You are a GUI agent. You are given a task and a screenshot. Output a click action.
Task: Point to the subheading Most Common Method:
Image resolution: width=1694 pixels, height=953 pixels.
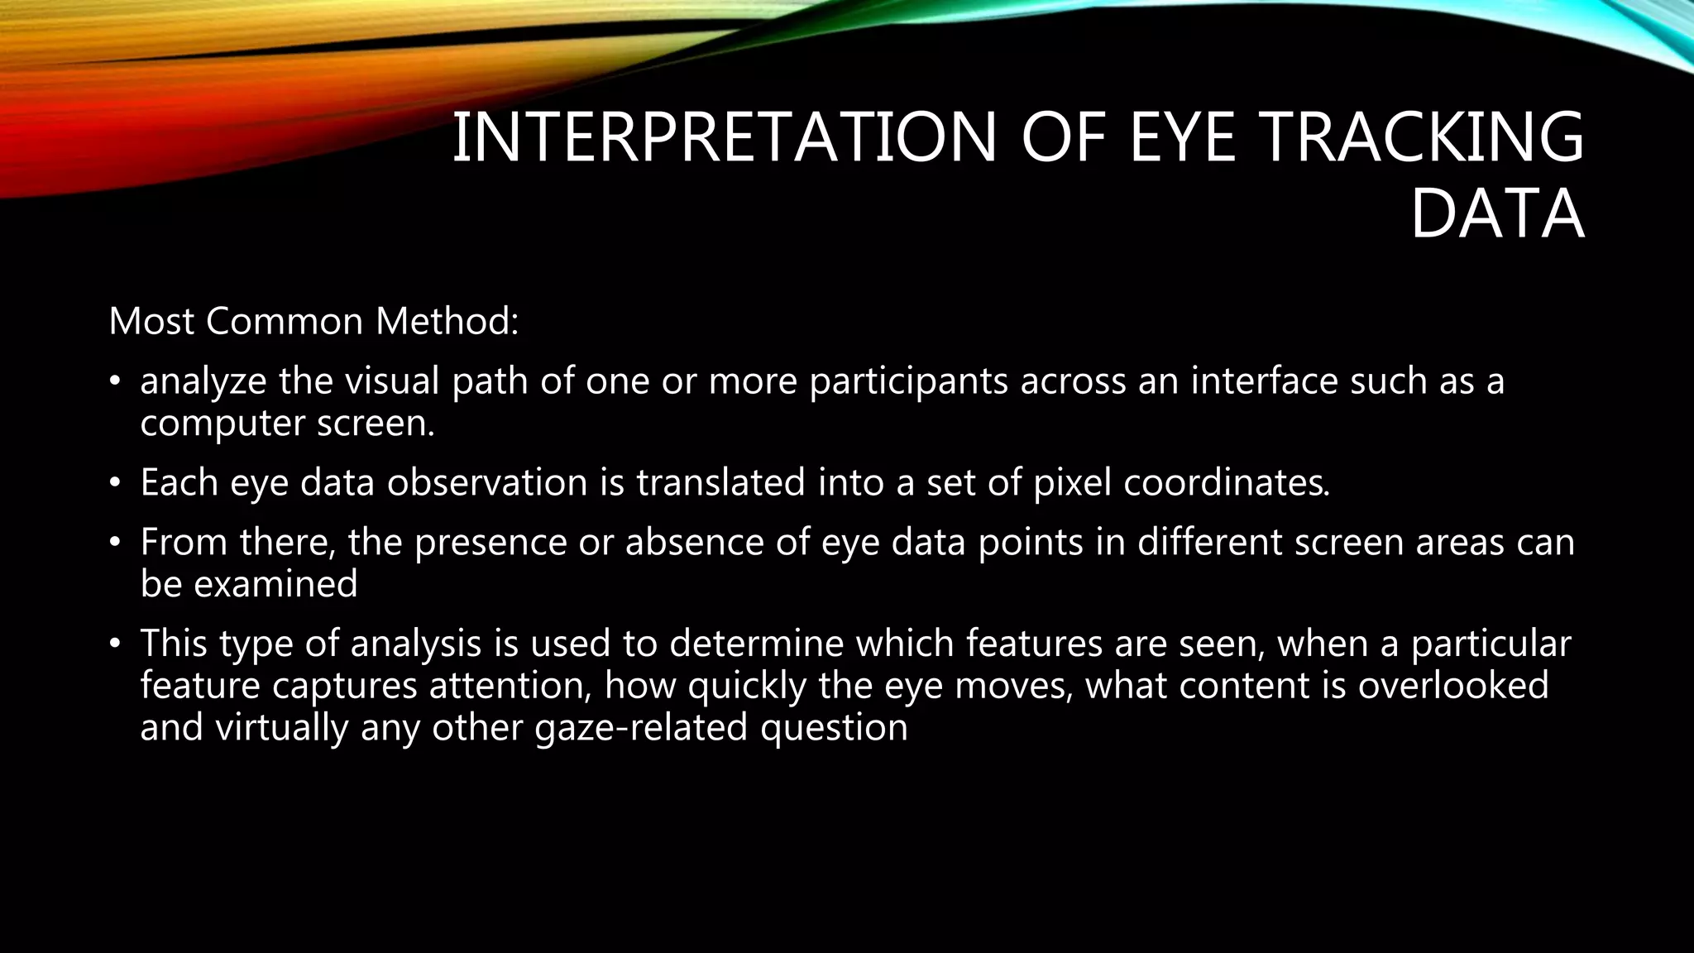point(313,321)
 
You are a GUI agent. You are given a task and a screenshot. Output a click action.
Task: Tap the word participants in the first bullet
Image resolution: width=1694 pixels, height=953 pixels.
point(908,381)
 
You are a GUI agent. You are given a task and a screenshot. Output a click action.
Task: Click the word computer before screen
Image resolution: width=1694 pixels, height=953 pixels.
point(223,424)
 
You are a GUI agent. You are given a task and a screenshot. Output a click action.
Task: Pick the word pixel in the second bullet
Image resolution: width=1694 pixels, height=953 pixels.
point(1072,482)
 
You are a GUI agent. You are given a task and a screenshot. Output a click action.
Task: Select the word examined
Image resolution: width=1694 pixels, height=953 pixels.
point(275,585)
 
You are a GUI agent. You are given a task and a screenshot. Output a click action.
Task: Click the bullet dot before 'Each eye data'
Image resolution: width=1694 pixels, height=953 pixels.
point(116,483)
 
